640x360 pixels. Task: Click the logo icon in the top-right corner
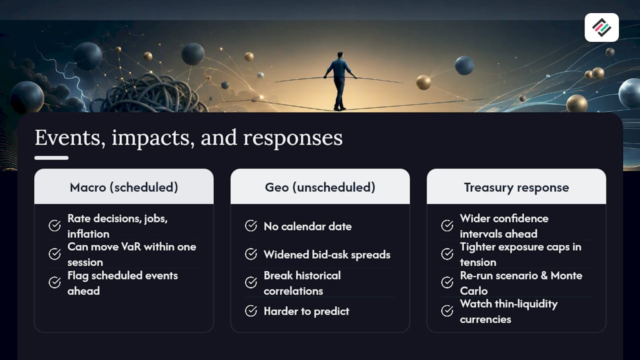point(601,27)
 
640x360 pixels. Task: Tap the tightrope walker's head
point(340,55)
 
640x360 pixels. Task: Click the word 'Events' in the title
point(67,138)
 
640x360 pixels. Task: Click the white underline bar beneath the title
point(51,158)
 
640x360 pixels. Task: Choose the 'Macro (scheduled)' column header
point(123,187)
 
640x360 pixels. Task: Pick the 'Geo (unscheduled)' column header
point(320,187)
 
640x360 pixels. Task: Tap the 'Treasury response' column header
point(516,187)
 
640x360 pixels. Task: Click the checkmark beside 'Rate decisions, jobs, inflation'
point(54,225)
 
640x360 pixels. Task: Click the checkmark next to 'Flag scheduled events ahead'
point(54,282)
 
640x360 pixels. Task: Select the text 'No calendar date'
point(307,226)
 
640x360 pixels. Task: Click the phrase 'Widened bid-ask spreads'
point(327,254)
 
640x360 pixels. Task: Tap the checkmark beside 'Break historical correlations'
point(251,282)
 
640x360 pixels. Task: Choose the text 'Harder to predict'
point(306,311)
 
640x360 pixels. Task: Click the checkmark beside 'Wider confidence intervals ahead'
point(447,225)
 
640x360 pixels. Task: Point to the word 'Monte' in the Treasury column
point(566,275)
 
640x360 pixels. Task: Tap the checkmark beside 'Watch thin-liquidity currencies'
point(447,311)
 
